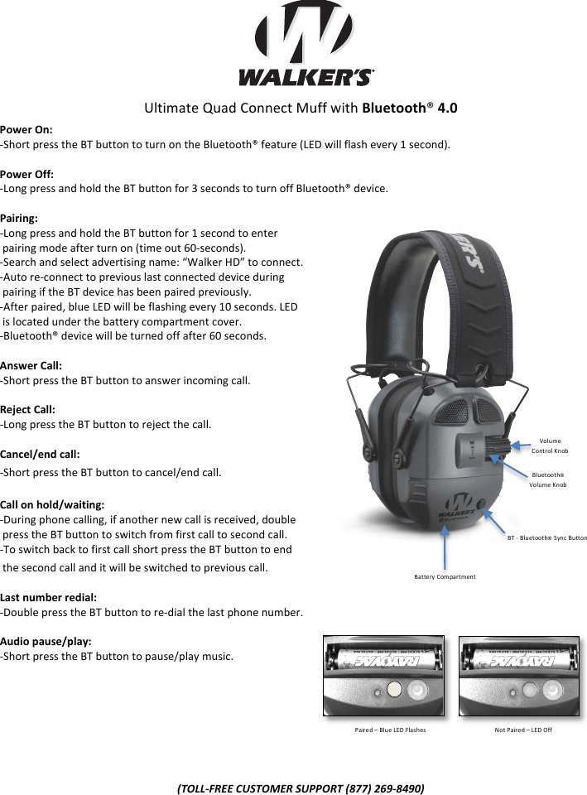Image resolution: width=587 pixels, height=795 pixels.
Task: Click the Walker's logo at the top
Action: click(306, 46)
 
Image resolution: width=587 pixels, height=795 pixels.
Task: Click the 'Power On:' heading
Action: click(26, 130)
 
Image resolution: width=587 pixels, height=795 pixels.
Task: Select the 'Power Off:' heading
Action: click(27, 174)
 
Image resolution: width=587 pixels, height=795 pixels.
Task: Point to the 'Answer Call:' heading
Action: click(31, 365)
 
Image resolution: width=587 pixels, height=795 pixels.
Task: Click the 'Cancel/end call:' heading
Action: click(40, 454)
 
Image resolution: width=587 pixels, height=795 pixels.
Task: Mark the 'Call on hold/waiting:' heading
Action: click(52, 504)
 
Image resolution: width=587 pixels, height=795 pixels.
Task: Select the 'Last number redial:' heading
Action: click(49, 596)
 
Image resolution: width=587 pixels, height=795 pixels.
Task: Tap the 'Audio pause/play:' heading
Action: click(46, 641)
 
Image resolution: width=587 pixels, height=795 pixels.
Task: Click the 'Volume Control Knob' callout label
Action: click(550, 446)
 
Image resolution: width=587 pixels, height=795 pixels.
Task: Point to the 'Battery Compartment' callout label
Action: click(445, 576)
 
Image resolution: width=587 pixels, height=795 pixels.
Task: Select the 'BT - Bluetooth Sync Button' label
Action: click(546, 538)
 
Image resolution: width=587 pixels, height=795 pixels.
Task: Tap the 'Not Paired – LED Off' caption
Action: click(523, 730)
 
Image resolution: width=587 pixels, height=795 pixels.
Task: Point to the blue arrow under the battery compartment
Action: click(446, 546)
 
